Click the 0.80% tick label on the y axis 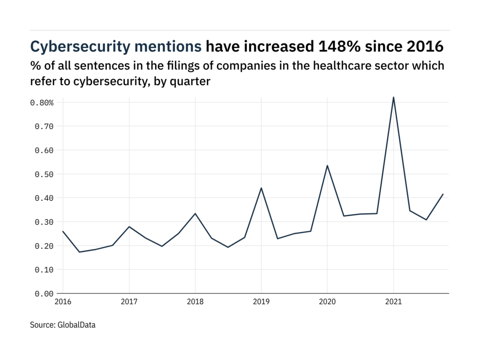point(42,103)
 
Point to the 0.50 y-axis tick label point(44,174)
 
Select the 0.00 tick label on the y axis point(44,294)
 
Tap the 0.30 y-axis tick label point(44,222)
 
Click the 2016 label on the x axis point(63,303)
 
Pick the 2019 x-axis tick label point(261,303)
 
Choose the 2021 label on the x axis point(393,303)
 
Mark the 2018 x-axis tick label point(195,303)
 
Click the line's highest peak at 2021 point(393,97)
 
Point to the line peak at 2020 point(327,165)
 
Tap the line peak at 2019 point(261,188)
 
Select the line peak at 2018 point(195,214)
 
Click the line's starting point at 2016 point(63,232)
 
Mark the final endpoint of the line point(443,194)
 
